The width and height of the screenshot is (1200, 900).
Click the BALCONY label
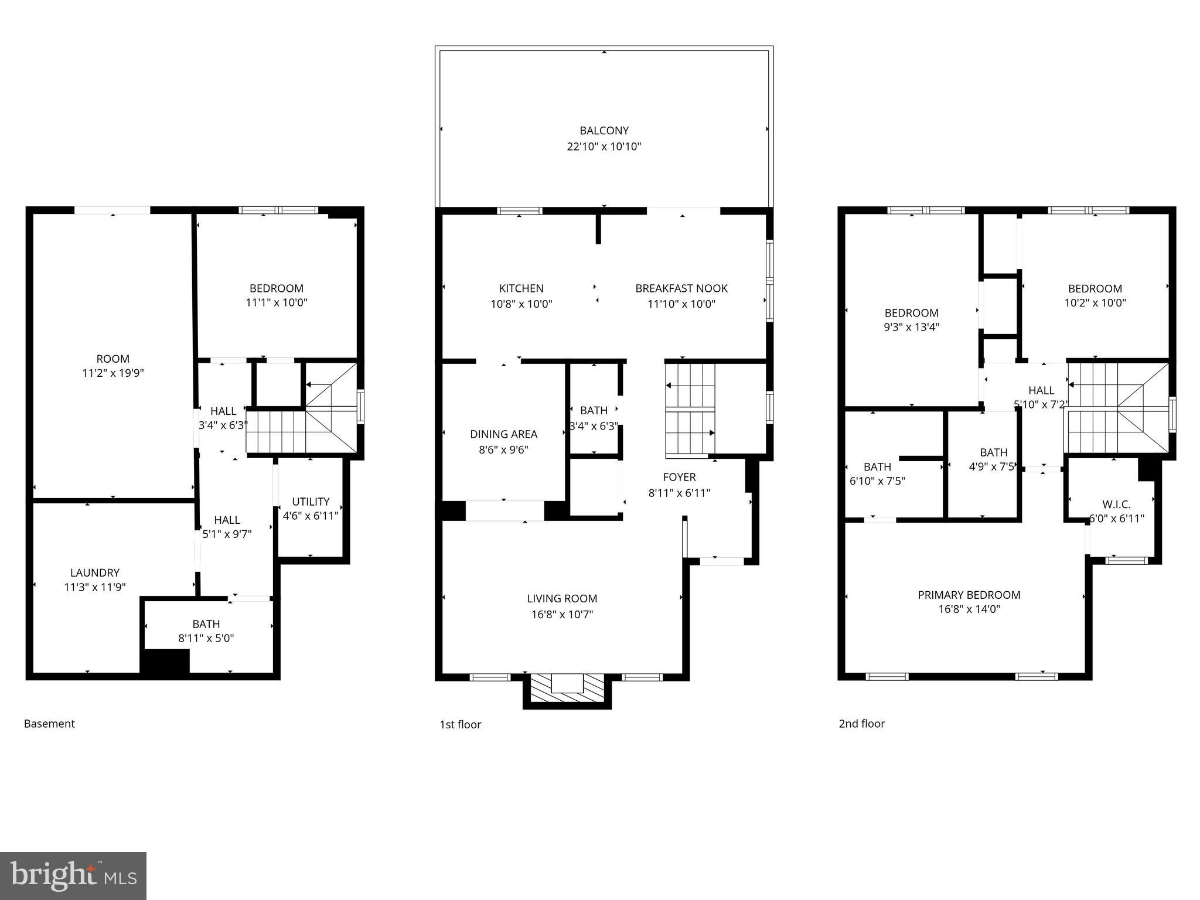point(604,131)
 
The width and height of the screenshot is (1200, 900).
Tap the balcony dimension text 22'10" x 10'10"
point(604,146)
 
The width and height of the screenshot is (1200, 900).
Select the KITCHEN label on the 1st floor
point(521,288)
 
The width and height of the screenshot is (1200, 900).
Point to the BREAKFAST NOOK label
point(681,288)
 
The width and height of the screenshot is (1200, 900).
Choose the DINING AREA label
point(503,434)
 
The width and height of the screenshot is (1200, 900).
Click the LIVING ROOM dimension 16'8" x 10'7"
point(562,614)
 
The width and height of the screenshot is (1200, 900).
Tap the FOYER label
point(679,477)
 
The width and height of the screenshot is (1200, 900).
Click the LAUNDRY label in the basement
point(95,572)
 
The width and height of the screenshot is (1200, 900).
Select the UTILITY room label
point(311,502)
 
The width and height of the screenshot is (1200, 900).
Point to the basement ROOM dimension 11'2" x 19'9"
point(113,373)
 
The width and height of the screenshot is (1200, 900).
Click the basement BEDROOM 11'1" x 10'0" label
point(277,288)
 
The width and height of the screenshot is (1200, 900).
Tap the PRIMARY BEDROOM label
point(969,595)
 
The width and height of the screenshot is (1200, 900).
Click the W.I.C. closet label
point(1116,504)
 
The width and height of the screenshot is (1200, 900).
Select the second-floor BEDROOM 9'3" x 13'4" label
point(911,313)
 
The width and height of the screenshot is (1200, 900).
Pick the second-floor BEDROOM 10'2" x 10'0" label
point(1095,288)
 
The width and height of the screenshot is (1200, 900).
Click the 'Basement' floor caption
point(49,724)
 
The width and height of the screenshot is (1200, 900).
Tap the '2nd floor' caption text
point(861,724)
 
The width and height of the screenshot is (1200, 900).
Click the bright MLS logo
point(73,876)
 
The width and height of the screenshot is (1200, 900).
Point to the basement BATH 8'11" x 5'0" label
point(206,624)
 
